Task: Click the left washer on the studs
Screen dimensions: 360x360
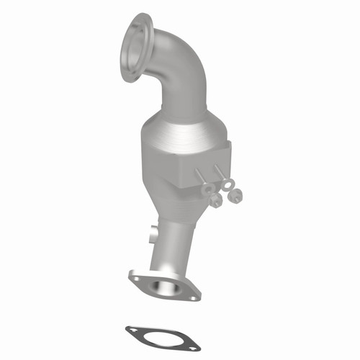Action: click(x=209, y=189)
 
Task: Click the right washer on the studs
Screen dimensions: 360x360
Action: click(x=228, y=185)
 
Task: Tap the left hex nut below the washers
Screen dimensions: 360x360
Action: click(x=216, y=201)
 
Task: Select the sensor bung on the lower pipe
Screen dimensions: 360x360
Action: click(x=152, y=233)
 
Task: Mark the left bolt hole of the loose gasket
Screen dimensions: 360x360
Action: click(x=132, y=331)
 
